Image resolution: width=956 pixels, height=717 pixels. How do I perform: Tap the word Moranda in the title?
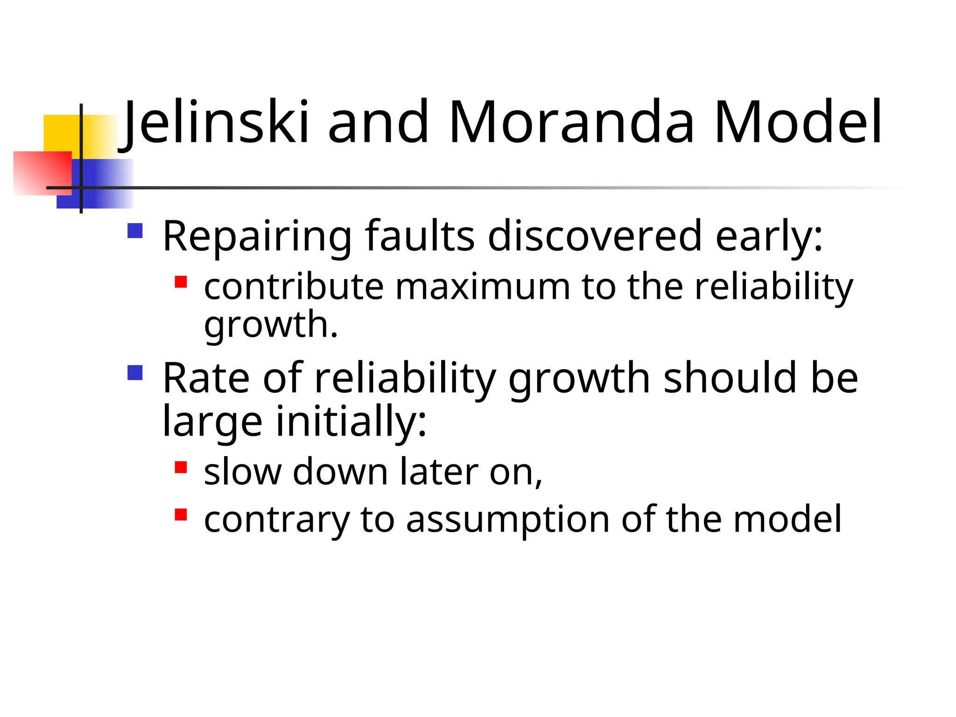(x=571, y=122)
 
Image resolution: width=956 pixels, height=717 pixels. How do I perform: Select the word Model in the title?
(x=798, y=122)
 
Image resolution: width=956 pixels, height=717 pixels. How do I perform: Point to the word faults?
(x=420, y=236)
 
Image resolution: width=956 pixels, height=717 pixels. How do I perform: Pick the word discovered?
(x=595, y=236)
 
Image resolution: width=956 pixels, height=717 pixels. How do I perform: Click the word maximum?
(x=483, y=287)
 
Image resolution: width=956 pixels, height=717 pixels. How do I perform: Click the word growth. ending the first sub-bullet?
(x=271, y=325)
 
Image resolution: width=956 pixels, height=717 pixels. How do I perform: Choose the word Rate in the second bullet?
(x=206, y=378)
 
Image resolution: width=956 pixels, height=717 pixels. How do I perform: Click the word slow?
(x=243, y=472)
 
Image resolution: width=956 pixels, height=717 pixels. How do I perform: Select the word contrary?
(x=277, y=520)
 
